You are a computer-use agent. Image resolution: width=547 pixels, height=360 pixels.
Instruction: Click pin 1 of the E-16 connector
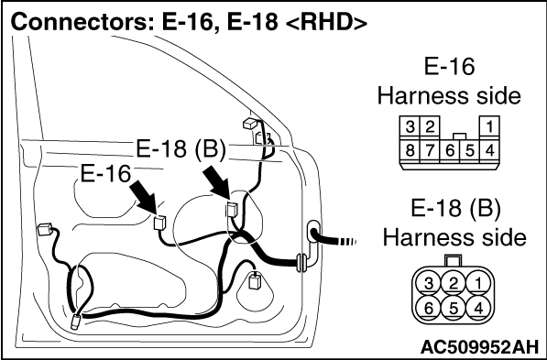coord(489,127)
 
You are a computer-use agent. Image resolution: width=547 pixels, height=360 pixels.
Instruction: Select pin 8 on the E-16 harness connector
coord(410,151)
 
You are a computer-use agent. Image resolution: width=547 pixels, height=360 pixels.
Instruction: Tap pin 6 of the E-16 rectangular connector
coord(450,151)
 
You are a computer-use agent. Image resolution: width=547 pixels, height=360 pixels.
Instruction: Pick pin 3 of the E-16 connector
coord(410,127)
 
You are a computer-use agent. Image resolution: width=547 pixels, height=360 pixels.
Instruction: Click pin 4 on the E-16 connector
coord(489,151)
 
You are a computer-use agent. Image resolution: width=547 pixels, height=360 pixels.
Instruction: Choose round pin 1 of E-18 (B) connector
coord(478,282)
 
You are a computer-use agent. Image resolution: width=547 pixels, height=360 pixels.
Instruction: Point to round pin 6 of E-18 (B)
coord(429,308)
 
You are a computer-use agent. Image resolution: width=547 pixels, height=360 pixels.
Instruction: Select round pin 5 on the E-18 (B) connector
coord(454,308)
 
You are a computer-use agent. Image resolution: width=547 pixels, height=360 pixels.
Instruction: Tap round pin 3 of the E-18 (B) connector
coord(429,282)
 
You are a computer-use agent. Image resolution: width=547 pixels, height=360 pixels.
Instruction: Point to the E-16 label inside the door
coord(105,173)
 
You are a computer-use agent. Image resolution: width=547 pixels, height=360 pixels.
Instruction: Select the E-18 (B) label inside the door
coord(181,149)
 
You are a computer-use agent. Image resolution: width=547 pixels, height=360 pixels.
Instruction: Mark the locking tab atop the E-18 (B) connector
coord(454,260)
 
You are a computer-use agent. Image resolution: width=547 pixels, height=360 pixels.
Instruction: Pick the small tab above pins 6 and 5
coord(460,136)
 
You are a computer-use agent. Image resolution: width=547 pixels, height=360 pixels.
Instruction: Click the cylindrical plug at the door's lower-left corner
coord(76,322)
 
